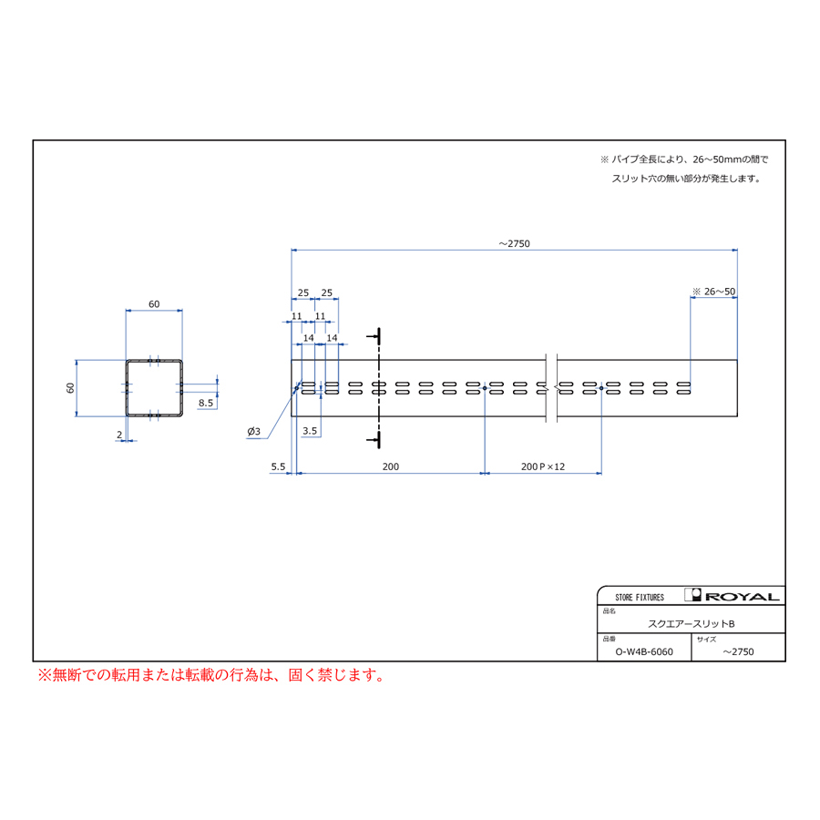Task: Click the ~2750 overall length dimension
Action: point(514,243)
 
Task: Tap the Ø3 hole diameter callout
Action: point(253,432)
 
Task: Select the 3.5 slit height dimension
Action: point(310,431)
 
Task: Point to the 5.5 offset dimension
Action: point(278,466)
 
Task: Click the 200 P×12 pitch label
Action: point(543,466)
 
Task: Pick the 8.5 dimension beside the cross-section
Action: point(206,403)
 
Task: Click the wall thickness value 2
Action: point(119,435)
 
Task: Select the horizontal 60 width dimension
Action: point(154,303)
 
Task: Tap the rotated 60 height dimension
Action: point(70,388)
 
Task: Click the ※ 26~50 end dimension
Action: point(713,292)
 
